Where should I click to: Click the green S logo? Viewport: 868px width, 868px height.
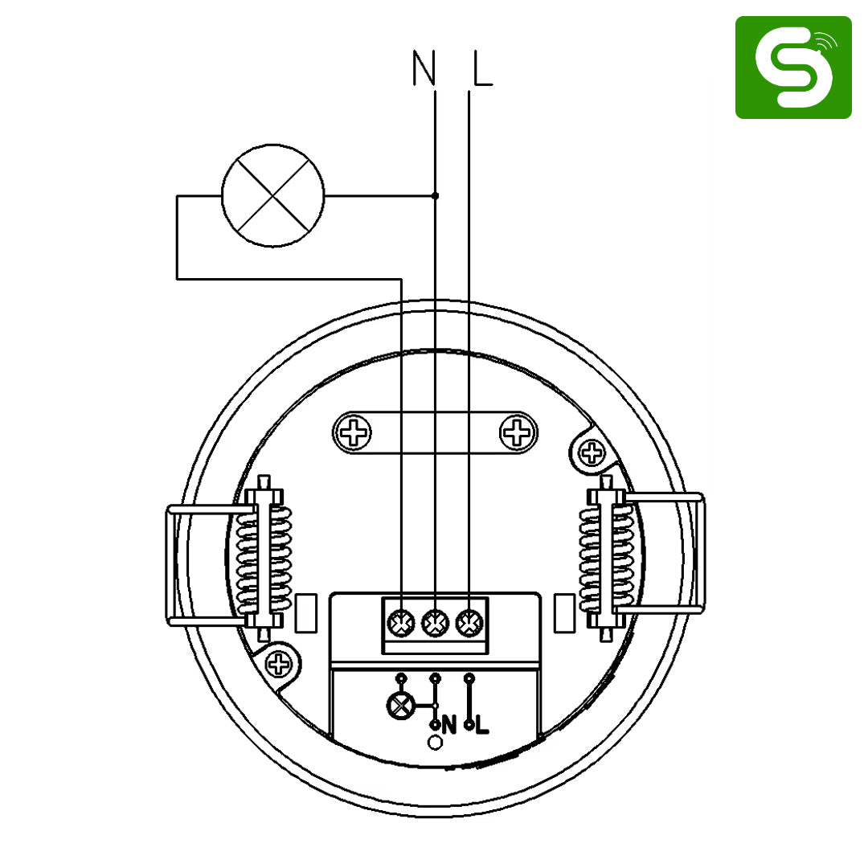coord(793,67)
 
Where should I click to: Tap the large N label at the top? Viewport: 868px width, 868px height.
coord(424,68)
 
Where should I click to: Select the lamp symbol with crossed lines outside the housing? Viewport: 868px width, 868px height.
coord(273,195)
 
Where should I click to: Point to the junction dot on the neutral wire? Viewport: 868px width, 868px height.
coord(435,195)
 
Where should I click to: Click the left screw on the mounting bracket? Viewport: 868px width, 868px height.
coord(354,432)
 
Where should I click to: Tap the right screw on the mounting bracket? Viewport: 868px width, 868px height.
coord(517,432)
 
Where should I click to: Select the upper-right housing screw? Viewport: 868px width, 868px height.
coord(592,452)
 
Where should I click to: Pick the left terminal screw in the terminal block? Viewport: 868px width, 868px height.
coord(401,624)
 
